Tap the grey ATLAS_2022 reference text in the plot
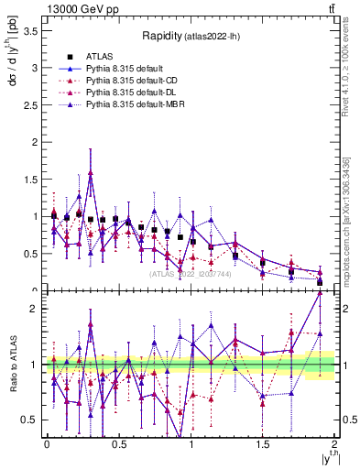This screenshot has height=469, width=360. tap(190, 273)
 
